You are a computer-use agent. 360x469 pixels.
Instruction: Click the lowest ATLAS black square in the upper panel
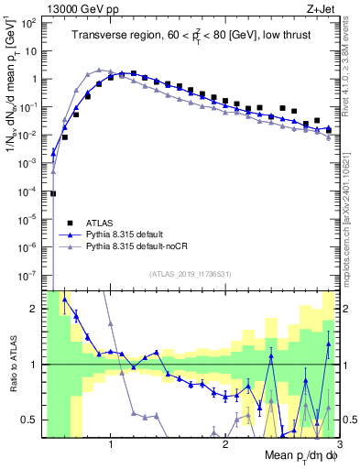tap(53, 193)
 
